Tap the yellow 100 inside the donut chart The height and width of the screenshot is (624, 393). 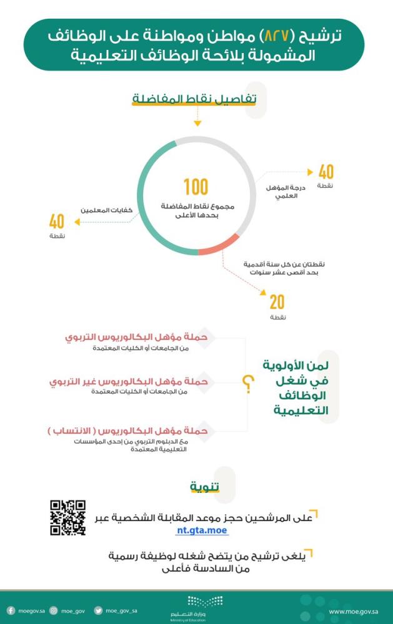tap(196, 187)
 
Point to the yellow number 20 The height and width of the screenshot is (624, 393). tap(277, 302)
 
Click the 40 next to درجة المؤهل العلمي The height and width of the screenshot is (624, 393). tap(326, 172)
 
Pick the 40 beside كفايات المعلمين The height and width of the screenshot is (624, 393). tap(57, 221)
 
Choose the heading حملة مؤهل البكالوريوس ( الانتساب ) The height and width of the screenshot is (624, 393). tap(128, 431)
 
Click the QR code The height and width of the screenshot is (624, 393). tap(67, 517)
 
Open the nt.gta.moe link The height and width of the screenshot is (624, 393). tap(202, 531)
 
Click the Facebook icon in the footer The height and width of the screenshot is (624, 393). tap(11, 611)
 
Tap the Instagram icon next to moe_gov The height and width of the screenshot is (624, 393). tap(54, 611)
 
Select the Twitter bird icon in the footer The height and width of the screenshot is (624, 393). tap(98, 611)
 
